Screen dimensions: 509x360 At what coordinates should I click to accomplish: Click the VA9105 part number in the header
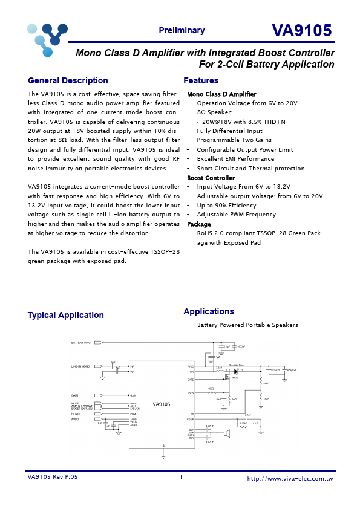301,31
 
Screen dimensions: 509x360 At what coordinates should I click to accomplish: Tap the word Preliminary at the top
182,31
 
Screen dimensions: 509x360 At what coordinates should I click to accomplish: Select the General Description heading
68,81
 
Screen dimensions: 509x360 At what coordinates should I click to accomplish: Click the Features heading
201,81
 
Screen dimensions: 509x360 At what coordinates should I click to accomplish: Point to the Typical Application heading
65,315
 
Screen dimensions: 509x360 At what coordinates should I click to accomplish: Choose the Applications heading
209,311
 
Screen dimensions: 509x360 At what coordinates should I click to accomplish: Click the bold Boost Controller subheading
211,178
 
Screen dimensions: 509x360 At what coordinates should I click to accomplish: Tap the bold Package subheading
198,224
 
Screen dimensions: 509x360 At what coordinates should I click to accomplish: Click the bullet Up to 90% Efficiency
227,206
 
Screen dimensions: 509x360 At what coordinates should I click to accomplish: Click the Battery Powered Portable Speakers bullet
247,325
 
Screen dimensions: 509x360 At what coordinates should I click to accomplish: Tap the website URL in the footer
290,478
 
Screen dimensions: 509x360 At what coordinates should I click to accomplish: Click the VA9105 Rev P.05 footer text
53,477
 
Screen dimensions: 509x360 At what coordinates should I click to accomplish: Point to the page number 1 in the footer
180,477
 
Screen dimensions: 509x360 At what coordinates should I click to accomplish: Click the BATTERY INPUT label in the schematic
82,343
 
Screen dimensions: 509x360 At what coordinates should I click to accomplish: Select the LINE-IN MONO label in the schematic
80,366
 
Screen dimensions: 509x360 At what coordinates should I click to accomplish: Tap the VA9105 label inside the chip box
162,404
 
